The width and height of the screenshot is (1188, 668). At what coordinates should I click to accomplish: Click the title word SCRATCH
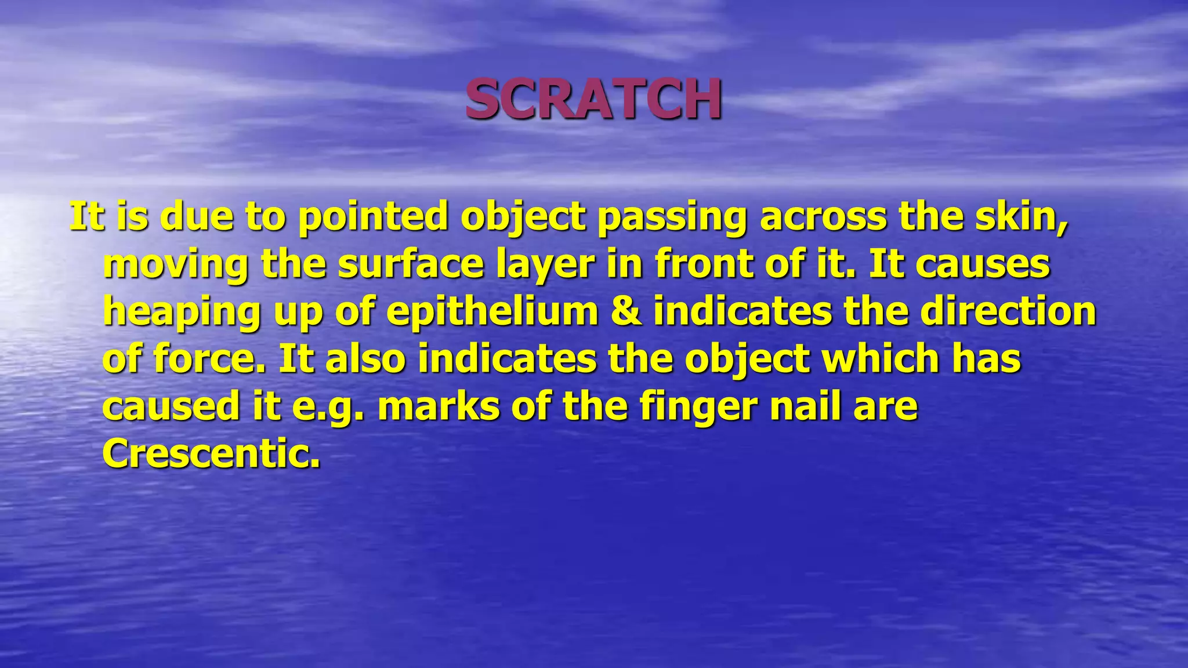(x=593, y=99)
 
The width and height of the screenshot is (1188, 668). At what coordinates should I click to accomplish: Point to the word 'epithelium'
(x=492, y=312)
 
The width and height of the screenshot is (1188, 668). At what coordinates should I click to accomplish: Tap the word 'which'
(x=879, y=359)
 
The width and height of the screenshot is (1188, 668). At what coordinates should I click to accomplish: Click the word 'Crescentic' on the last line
(x=211, y=453)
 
